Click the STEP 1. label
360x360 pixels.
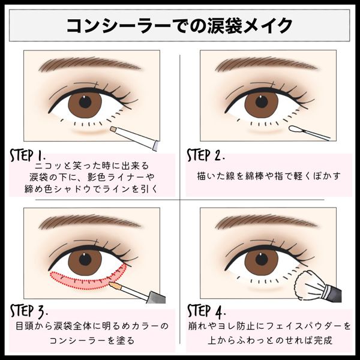tap(28, 155)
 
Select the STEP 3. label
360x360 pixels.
tap(29, 311)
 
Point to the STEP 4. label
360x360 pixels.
tap(206, 311)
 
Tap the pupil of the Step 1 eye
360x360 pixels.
tap(85, 102)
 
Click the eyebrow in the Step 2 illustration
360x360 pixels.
tap(266, 64)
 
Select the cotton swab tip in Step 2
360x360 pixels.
tap(295, 129)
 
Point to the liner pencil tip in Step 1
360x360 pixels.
tap(113, 129)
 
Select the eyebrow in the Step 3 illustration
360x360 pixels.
tap(89, 222)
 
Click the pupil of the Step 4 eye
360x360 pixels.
tap(262, 259)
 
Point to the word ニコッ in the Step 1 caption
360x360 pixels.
tap(47, 166)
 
